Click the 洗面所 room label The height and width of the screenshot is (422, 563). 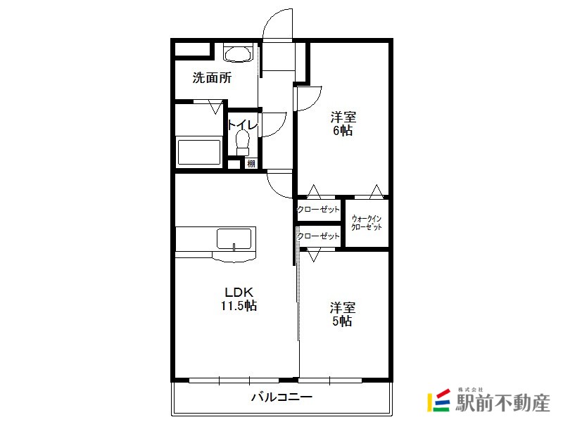(x=213, y=78)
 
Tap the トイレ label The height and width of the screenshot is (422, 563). (x=243, y=125)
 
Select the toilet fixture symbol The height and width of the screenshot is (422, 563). (x=243, y=143)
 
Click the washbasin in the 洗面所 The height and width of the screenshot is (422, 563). (x=237, y=53)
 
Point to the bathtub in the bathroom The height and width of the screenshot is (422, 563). (x=199, y=152)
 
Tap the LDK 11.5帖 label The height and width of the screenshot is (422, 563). (x=239, y=299)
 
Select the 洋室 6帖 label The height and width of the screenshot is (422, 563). (x=343, y=124)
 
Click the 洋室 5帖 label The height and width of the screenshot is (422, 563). (x=342, y=314)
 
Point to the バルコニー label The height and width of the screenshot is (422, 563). (x=282, y=397)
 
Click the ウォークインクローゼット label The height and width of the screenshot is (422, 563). (x=367, y=222)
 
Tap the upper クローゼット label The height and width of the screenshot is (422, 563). (x=318, y=209)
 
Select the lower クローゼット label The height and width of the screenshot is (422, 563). (x=318, y=236)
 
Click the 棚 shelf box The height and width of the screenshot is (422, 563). (x=251, y=164)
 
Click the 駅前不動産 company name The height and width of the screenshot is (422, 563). (x=502, y=403)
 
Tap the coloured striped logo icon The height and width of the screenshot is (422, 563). (x=438, y=400)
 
